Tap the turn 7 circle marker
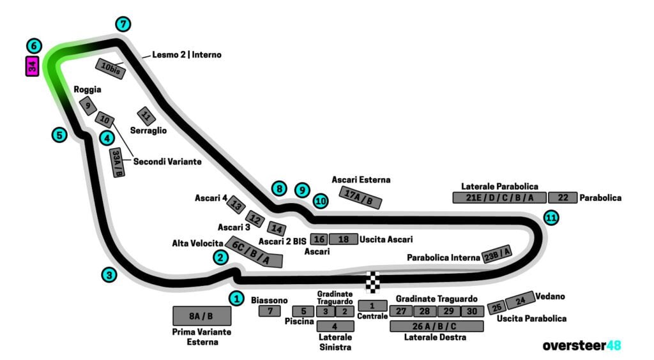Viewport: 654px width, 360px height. (123, 24)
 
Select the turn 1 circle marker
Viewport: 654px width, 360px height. (237, 297)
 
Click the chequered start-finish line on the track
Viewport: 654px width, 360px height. (372, 281)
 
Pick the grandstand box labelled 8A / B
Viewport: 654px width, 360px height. (201, 316)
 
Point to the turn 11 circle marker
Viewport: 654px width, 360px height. (551, 218)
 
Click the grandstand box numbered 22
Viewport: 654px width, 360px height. (562, 198)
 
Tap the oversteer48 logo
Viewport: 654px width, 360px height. (581, 345)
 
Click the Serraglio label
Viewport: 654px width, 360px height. (148, 130)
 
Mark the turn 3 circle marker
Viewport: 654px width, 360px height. (110, 275)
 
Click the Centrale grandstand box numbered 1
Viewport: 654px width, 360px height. (372, 306)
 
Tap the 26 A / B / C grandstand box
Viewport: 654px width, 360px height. (436, 326)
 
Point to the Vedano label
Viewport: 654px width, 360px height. (551, 297)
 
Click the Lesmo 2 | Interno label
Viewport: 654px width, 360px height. (186, 55)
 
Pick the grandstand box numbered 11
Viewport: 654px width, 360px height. (146, 116)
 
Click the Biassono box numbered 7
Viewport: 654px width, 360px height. (270, 311)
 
